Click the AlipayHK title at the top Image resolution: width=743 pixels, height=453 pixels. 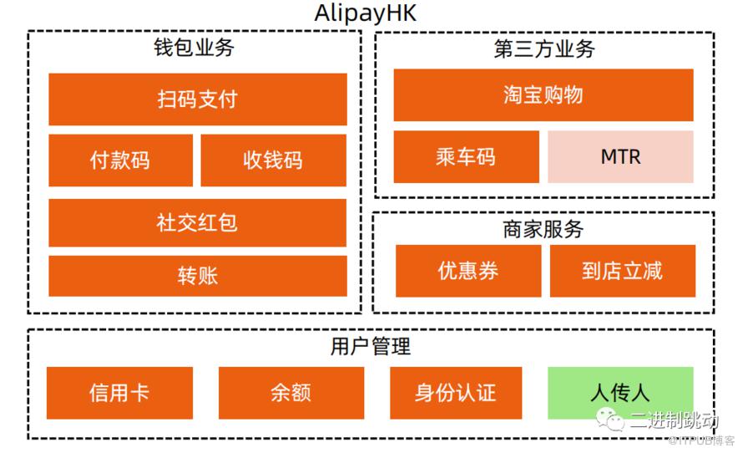366,13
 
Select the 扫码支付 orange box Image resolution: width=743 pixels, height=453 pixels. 198,99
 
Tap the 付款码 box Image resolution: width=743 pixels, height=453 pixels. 121,160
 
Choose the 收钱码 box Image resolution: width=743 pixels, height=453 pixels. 274,160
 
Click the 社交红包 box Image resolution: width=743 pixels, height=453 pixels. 198,222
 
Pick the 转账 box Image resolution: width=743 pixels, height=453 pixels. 198,276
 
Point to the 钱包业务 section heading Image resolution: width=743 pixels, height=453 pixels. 194,48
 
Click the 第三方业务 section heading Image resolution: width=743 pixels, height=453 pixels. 544,48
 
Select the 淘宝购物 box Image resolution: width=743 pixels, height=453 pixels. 543,95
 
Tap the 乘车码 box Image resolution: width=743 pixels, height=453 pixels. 467,156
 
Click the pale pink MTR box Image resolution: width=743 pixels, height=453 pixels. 621,156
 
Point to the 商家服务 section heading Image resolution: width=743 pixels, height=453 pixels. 543,230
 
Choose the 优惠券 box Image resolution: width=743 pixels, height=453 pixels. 468,271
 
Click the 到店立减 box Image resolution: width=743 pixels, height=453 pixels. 623,271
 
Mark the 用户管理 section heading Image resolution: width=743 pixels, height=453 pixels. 371,346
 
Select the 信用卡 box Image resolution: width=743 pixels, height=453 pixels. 120,393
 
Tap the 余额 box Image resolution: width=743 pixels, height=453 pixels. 291,393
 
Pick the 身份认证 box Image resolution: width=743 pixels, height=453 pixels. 456,393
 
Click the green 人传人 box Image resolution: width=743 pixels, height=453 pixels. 621,393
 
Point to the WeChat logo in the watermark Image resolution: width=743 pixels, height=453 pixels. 610,419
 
